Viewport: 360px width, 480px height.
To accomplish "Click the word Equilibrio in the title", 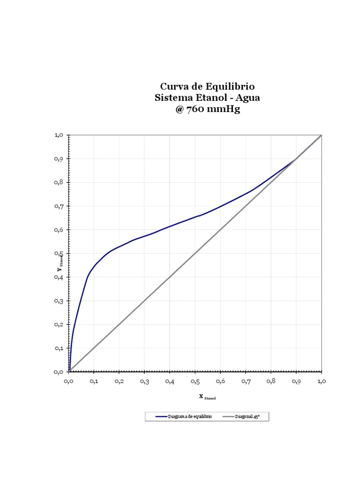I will pos(231,87).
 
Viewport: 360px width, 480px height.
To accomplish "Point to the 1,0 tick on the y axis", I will pos(59,135).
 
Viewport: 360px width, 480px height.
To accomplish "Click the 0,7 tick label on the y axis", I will pos(59,206).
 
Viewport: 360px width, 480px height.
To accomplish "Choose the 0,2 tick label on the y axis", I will pos(59,324).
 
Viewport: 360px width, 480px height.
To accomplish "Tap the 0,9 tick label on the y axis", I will pos(59,159).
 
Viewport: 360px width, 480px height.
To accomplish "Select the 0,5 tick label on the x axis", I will pos(195,382).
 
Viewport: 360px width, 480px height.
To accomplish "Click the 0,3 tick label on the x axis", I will pos(144,382).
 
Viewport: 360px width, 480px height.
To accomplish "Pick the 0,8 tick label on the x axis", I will pos(271,382).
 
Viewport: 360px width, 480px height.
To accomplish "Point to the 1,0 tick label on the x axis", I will pos(322,382).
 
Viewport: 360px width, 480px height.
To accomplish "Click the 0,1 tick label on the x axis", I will pos(94,382).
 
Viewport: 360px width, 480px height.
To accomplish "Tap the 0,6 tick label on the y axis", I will pos(59,230).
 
